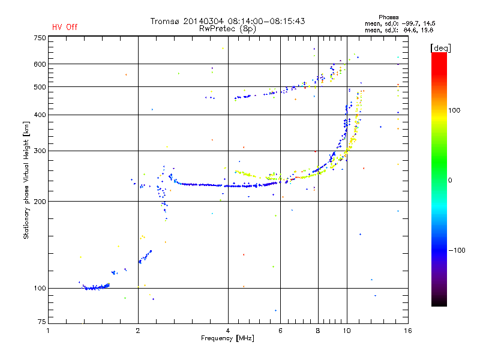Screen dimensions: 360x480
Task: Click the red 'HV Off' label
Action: pos(65,27)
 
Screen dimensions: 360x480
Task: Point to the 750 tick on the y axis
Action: pos(39,37)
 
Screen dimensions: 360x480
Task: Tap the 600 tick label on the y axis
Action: pos(39,64)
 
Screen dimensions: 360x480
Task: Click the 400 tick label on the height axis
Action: pos(39,115)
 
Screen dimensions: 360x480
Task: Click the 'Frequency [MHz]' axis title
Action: pos(227,338)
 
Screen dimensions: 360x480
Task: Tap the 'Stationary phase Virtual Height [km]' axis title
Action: pos(26,181)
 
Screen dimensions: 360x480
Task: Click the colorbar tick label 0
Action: pos(451,180)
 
